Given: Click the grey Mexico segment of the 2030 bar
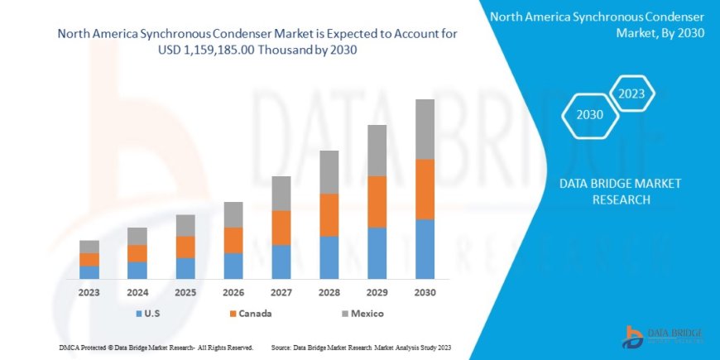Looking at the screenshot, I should (x=425, y=129).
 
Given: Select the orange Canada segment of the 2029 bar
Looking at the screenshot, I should (x=377, y=202).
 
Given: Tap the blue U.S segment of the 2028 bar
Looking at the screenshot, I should (x=329, y=257).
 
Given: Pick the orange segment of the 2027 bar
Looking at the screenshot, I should (x=281, y=228).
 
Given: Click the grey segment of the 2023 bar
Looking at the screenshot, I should (x=89, y=247).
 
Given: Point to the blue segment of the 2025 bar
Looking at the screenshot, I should (x=185, y=268).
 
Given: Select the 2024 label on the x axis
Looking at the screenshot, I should (x=137, y=292).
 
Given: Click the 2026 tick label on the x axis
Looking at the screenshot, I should (x=233, y=292).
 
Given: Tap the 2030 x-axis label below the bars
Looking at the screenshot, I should (x=425, y=292).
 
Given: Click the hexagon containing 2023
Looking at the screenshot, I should (x=632, y=94).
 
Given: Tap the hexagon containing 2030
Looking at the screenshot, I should (x=589, y=115).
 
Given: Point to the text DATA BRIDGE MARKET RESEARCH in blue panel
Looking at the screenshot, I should (x=613, y=191).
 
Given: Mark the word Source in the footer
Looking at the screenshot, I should (x=282, y=347).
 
